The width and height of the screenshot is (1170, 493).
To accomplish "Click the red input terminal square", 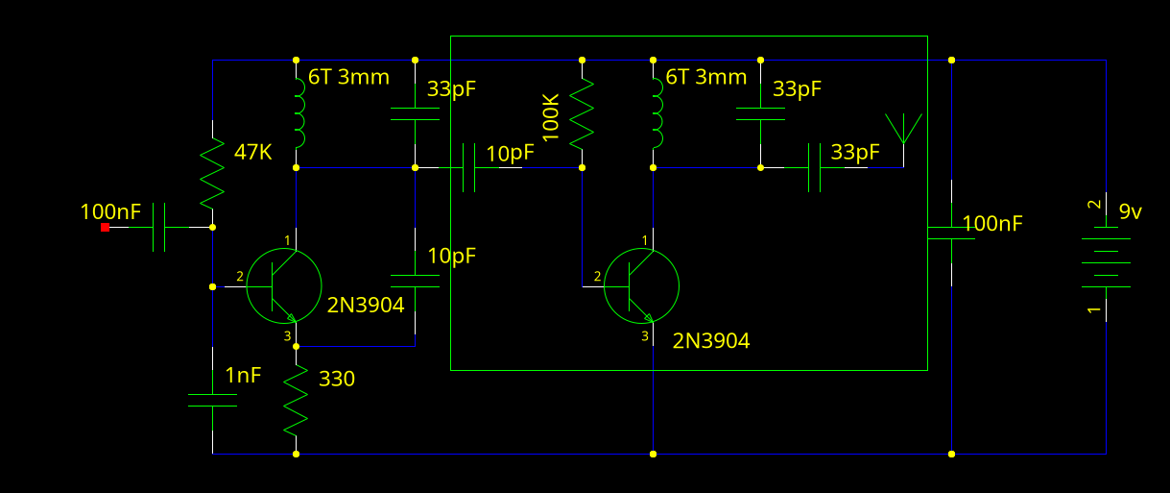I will (105, 227).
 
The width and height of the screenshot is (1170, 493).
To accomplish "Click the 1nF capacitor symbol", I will (212, 400).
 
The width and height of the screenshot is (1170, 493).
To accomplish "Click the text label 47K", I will (252, 151).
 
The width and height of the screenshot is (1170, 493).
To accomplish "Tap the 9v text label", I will (1131, 211).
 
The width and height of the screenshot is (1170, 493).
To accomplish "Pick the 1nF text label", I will (243, 376).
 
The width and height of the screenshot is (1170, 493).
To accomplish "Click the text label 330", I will (336, 379).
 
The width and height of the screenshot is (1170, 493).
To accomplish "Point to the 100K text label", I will (551, 118).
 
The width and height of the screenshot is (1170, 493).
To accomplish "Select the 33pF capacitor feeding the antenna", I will (814, 167).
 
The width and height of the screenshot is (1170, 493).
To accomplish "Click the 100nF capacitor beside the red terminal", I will (159, 228).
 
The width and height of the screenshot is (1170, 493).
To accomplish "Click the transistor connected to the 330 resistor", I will (283, 285).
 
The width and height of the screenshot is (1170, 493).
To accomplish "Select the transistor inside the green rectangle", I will (641, 285).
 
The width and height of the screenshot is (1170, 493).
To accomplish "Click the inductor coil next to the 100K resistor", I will (656, 112).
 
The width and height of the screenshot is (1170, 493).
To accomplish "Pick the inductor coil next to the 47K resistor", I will (298, 112).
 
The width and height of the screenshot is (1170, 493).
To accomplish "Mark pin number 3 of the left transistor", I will (286, 335).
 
